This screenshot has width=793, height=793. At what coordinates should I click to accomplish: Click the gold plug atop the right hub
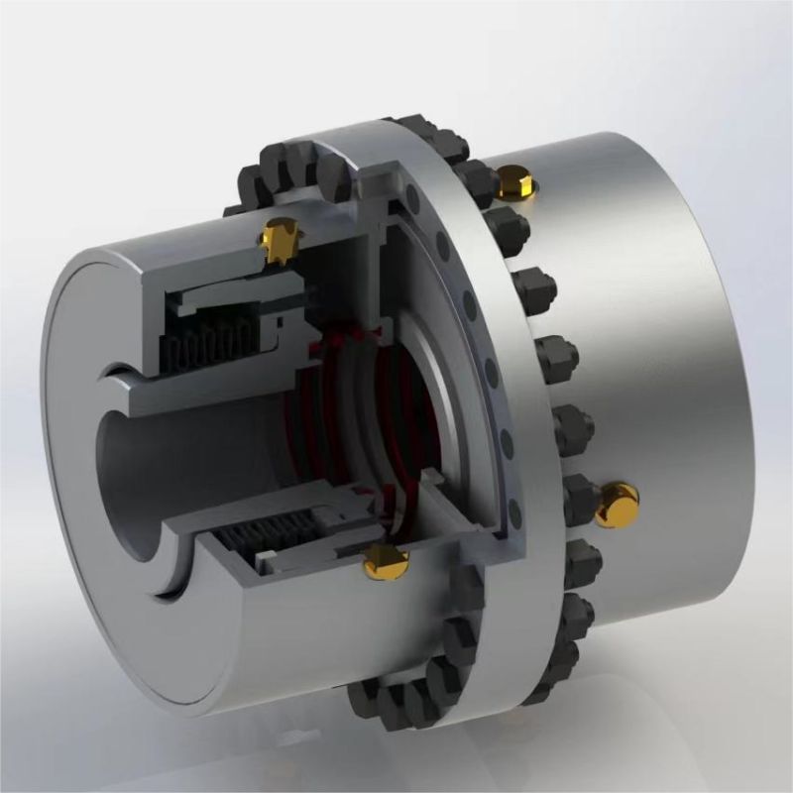pyautogui.click(x=514, y=180)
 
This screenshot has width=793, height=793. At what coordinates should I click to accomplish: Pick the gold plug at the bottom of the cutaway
pyautogui.click(x=386, y=562)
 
